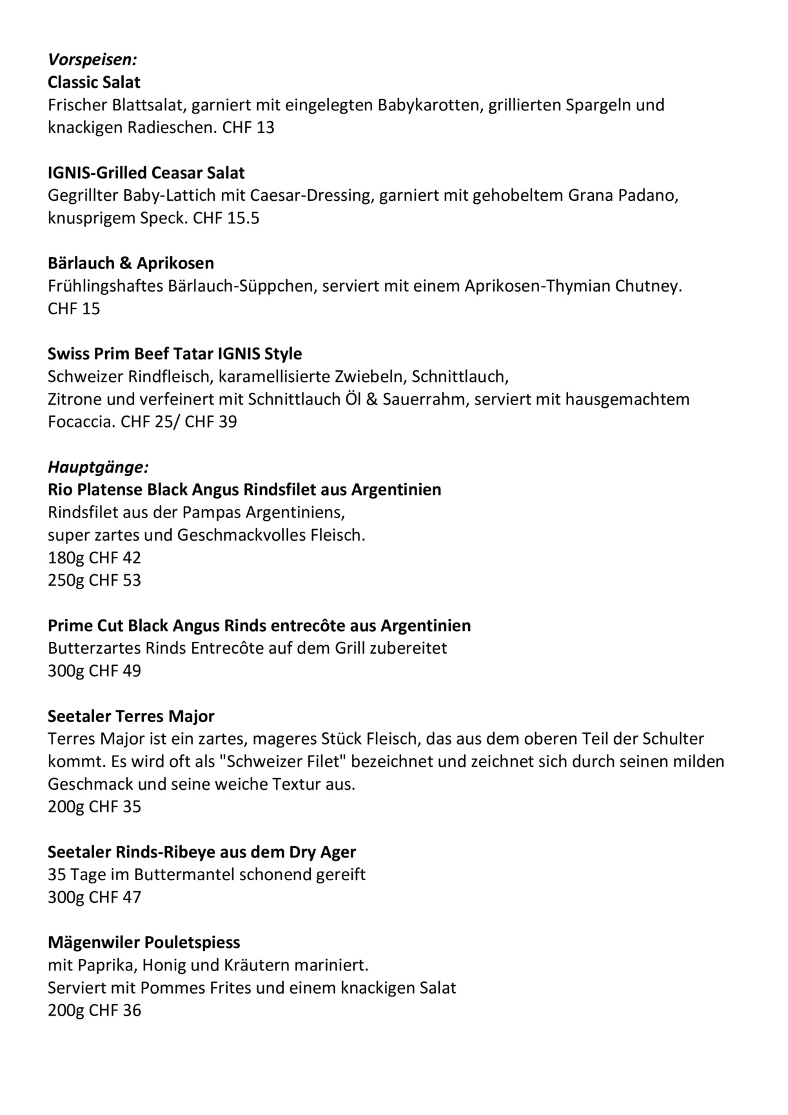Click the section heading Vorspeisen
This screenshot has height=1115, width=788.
(92, 60)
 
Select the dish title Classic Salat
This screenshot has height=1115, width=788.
(94, 83)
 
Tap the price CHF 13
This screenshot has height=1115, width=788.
(248, 128)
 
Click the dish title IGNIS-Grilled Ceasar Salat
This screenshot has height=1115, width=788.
(146, 173)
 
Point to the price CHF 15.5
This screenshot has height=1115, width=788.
(226, 218)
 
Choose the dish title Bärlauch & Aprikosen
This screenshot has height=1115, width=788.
(131, 263)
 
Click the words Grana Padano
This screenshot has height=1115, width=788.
(622, 196)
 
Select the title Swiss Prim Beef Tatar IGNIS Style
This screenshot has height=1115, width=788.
(175, 354)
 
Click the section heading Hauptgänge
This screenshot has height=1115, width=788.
(98, 467)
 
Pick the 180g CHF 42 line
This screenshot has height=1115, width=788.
(94, 557)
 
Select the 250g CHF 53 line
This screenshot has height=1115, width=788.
(94, 580)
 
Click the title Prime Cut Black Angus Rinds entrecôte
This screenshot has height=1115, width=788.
(259, 625)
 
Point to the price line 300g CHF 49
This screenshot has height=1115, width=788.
(94, 671)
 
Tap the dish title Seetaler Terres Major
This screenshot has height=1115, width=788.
(131, 716)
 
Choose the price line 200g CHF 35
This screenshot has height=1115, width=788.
(94, 807)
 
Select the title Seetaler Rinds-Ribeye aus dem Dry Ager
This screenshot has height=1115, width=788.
(202, 852)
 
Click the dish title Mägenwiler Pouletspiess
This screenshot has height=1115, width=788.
(144, 943)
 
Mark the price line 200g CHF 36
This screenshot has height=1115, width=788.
(94, 1010)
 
